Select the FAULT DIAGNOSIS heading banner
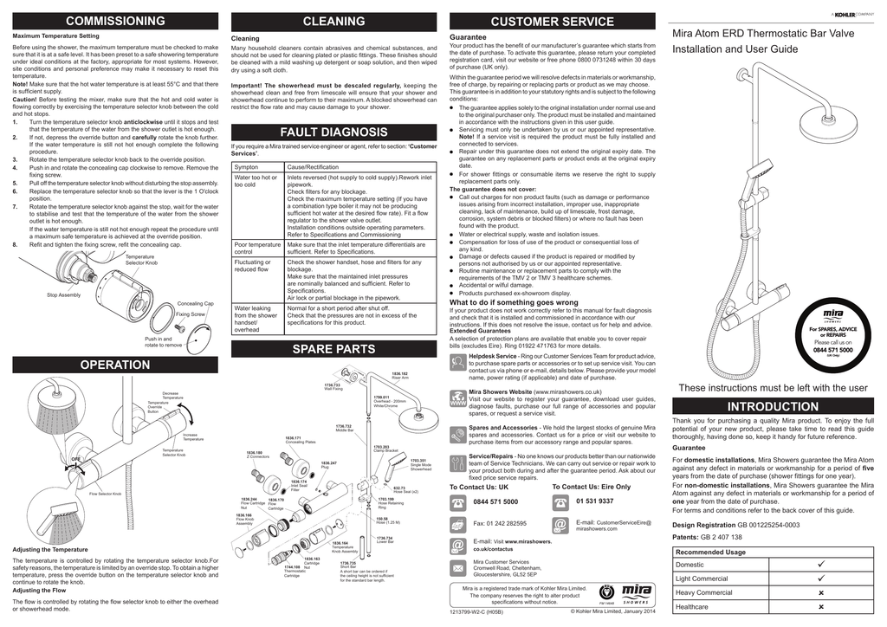tap(333, 133)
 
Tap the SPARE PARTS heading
tap(333, 349)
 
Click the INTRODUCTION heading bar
tap(773, 406)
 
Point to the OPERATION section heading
tap(115, 365)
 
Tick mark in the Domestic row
tap(819, 565)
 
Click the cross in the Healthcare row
tap(819, 607)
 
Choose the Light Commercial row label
tap(702, 579)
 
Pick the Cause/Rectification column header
tap(314, 165)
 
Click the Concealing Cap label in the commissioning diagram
tap(195, 304)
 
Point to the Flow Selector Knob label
tap(105, 494)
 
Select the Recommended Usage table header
tap(710, 552)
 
